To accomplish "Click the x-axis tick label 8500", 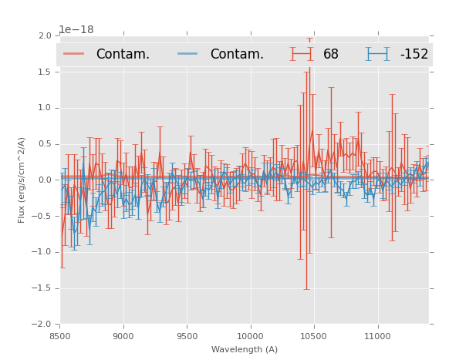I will point(59,336).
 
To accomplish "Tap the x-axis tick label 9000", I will point(123,336).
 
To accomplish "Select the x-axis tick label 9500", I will point(187,336).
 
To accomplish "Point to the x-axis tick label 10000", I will point(250,336).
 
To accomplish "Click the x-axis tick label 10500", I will point(313,336).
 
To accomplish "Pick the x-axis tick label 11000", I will point(377,336).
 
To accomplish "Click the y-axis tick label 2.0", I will point(45,36).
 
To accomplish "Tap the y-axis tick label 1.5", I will point(45,72).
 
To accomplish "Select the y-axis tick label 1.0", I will point(45,108).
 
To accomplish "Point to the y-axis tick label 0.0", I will point(45,180).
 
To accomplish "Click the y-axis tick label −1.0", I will point(42,252).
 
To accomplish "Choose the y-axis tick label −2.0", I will point(42,325).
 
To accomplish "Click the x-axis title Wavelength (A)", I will point(245,349).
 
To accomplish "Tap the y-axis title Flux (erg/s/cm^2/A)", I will point(22,180).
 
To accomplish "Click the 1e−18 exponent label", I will point(76,30).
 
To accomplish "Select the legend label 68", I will point(331,54).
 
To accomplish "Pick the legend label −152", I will point(414,54).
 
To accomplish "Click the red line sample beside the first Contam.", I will point(73,54).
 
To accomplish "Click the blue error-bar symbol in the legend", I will point(377,54).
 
